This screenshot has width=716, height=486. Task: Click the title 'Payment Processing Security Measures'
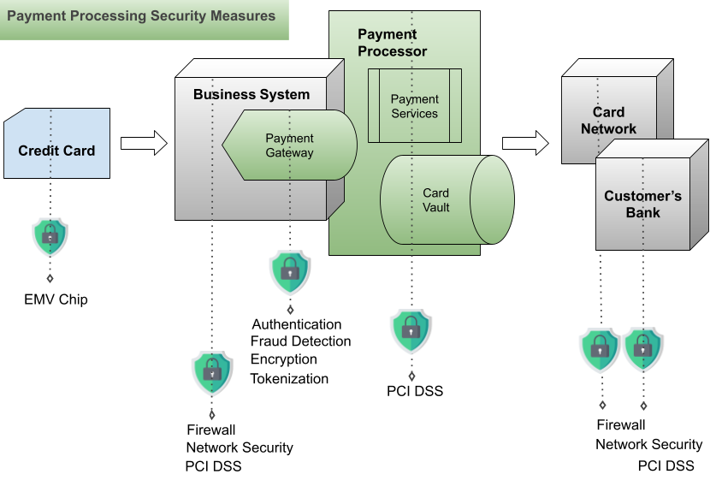[141, 16]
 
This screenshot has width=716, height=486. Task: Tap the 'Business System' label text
[251, 94]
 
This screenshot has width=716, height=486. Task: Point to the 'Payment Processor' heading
[392, 43]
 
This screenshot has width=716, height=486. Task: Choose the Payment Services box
[414, 106]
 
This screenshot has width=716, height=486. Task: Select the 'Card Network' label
[608, 121]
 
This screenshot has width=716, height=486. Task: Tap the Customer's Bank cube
[642, 204]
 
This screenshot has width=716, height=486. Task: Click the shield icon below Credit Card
[50, 237]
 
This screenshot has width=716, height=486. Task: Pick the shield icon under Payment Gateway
[290, 272]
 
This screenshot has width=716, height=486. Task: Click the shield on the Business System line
[212, 372]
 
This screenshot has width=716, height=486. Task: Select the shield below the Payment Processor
[411, 330]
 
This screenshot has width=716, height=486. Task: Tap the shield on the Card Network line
[601, 349]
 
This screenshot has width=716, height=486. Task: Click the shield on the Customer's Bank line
[643, 349]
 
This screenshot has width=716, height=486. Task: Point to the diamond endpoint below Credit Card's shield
[50, 279]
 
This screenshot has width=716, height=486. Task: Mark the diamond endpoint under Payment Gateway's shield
[290, 310]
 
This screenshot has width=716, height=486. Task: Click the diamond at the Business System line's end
[212, 416]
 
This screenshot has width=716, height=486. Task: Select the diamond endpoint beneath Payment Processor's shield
[411, 376]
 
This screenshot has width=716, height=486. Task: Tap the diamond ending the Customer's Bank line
[643, 406]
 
